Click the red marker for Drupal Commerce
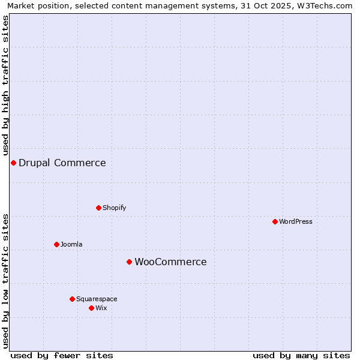(13, 163)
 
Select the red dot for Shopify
(98, 208)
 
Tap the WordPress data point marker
(275, 221)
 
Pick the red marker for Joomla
(56, 244)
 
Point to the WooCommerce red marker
(129, 262)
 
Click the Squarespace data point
(72, 299)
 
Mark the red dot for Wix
(91, 308)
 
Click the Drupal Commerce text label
(62, 163)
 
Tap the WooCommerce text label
(170, 262)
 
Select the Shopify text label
(114, 208)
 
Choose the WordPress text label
(295, 221)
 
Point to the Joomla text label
(71, 244)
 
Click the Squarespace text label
(97, 299)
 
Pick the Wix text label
(101, 308)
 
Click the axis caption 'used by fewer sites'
(62, 355)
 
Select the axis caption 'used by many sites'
(301, 355)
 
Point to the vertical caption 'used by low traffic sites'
(5, 280)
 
